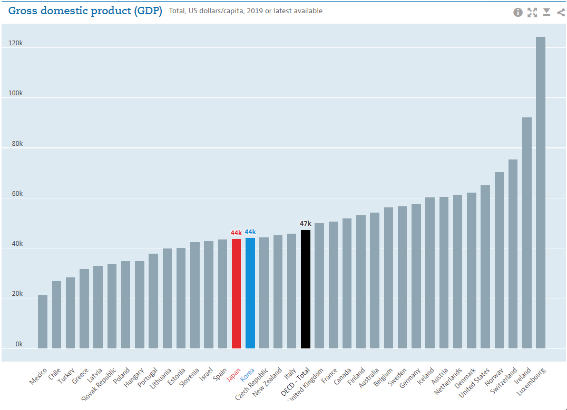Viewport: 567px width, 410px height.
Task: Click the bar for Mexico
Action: click(x=43, y=322)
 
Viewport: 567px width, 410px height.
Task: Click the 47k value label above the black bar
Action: click(x=305, y=224)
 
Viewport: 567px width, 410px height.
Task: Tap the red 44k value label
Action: click(x=236, y=233)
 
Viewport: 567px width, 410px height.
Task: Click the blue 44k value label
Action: click(x=250, y=232)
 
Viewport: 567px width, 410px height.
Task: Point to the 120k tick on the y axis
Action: click(x=15, y=43)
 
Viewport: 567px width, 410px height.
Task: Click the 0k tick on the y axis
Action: click(x=19, y=344)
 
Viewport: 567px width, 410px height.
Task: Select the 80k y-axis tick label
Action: click(x=17, y=143)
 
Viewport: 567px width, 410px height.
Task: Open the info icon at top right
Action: click(x=518, y=12)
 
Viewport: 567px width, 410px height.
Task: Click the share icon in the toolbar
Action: click(x=561, y=12)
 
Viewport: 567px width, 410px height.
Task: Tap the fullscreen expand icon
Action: click(x=532, y=12)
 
